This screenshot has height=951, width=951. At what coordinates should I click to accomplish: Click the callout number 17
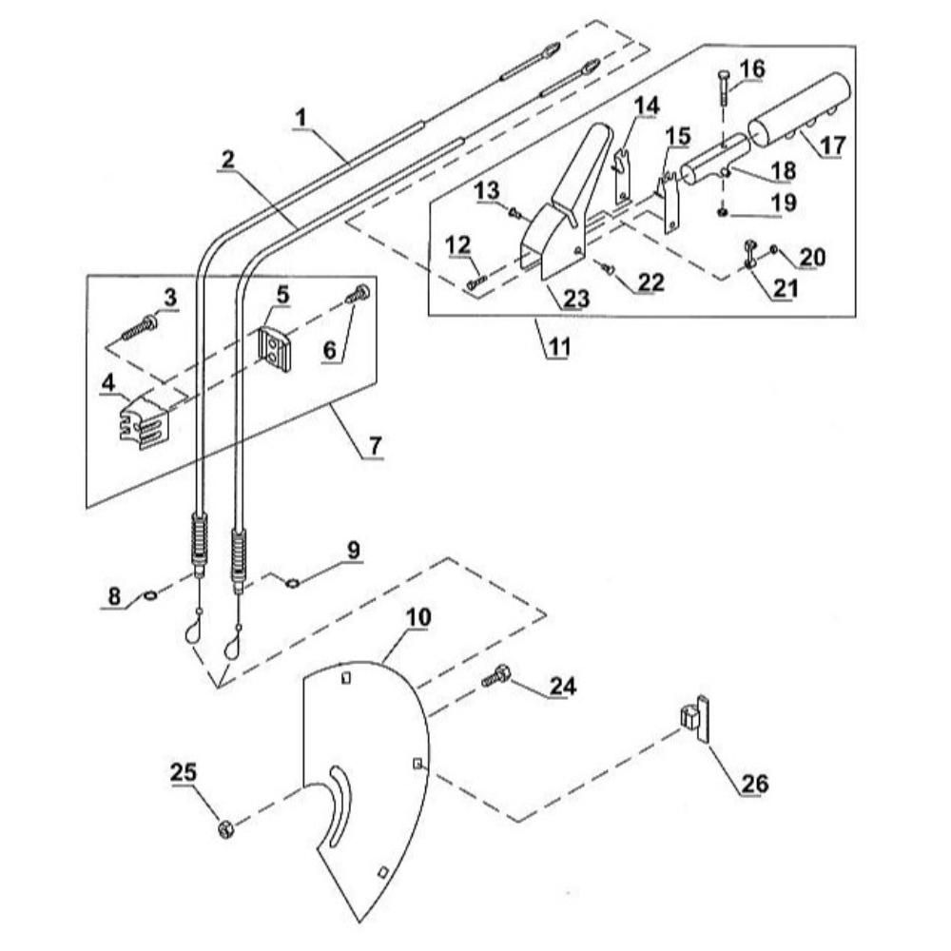(x=833, y=146)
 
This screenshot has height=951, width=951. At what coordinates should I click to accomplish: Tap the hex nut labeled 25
(x=225, y=828)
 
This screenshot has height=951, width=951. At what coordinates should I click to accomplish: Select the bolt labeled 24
(x=496, y=676)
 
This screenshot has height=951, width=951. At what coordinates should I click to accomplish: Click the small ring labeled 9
(x=292, y=584)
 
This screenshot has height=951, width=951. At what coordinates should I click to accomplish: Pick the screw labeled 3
(x=140, y=325)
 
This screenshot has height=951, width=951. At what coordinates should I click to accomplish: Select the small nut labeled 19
(x=723, y=212)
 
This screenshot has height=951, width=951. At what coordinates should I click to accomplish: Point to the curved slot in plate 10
(x=340, y=806)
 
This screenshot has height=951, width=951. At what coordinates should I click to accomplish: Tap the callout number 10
(x=418, y=617)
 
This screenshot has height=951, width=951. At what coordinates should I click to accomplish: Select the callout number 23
(x=575, y=299)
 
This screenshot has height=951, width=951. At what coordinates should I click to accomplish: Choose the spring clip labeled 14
(x=621, y=175)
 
